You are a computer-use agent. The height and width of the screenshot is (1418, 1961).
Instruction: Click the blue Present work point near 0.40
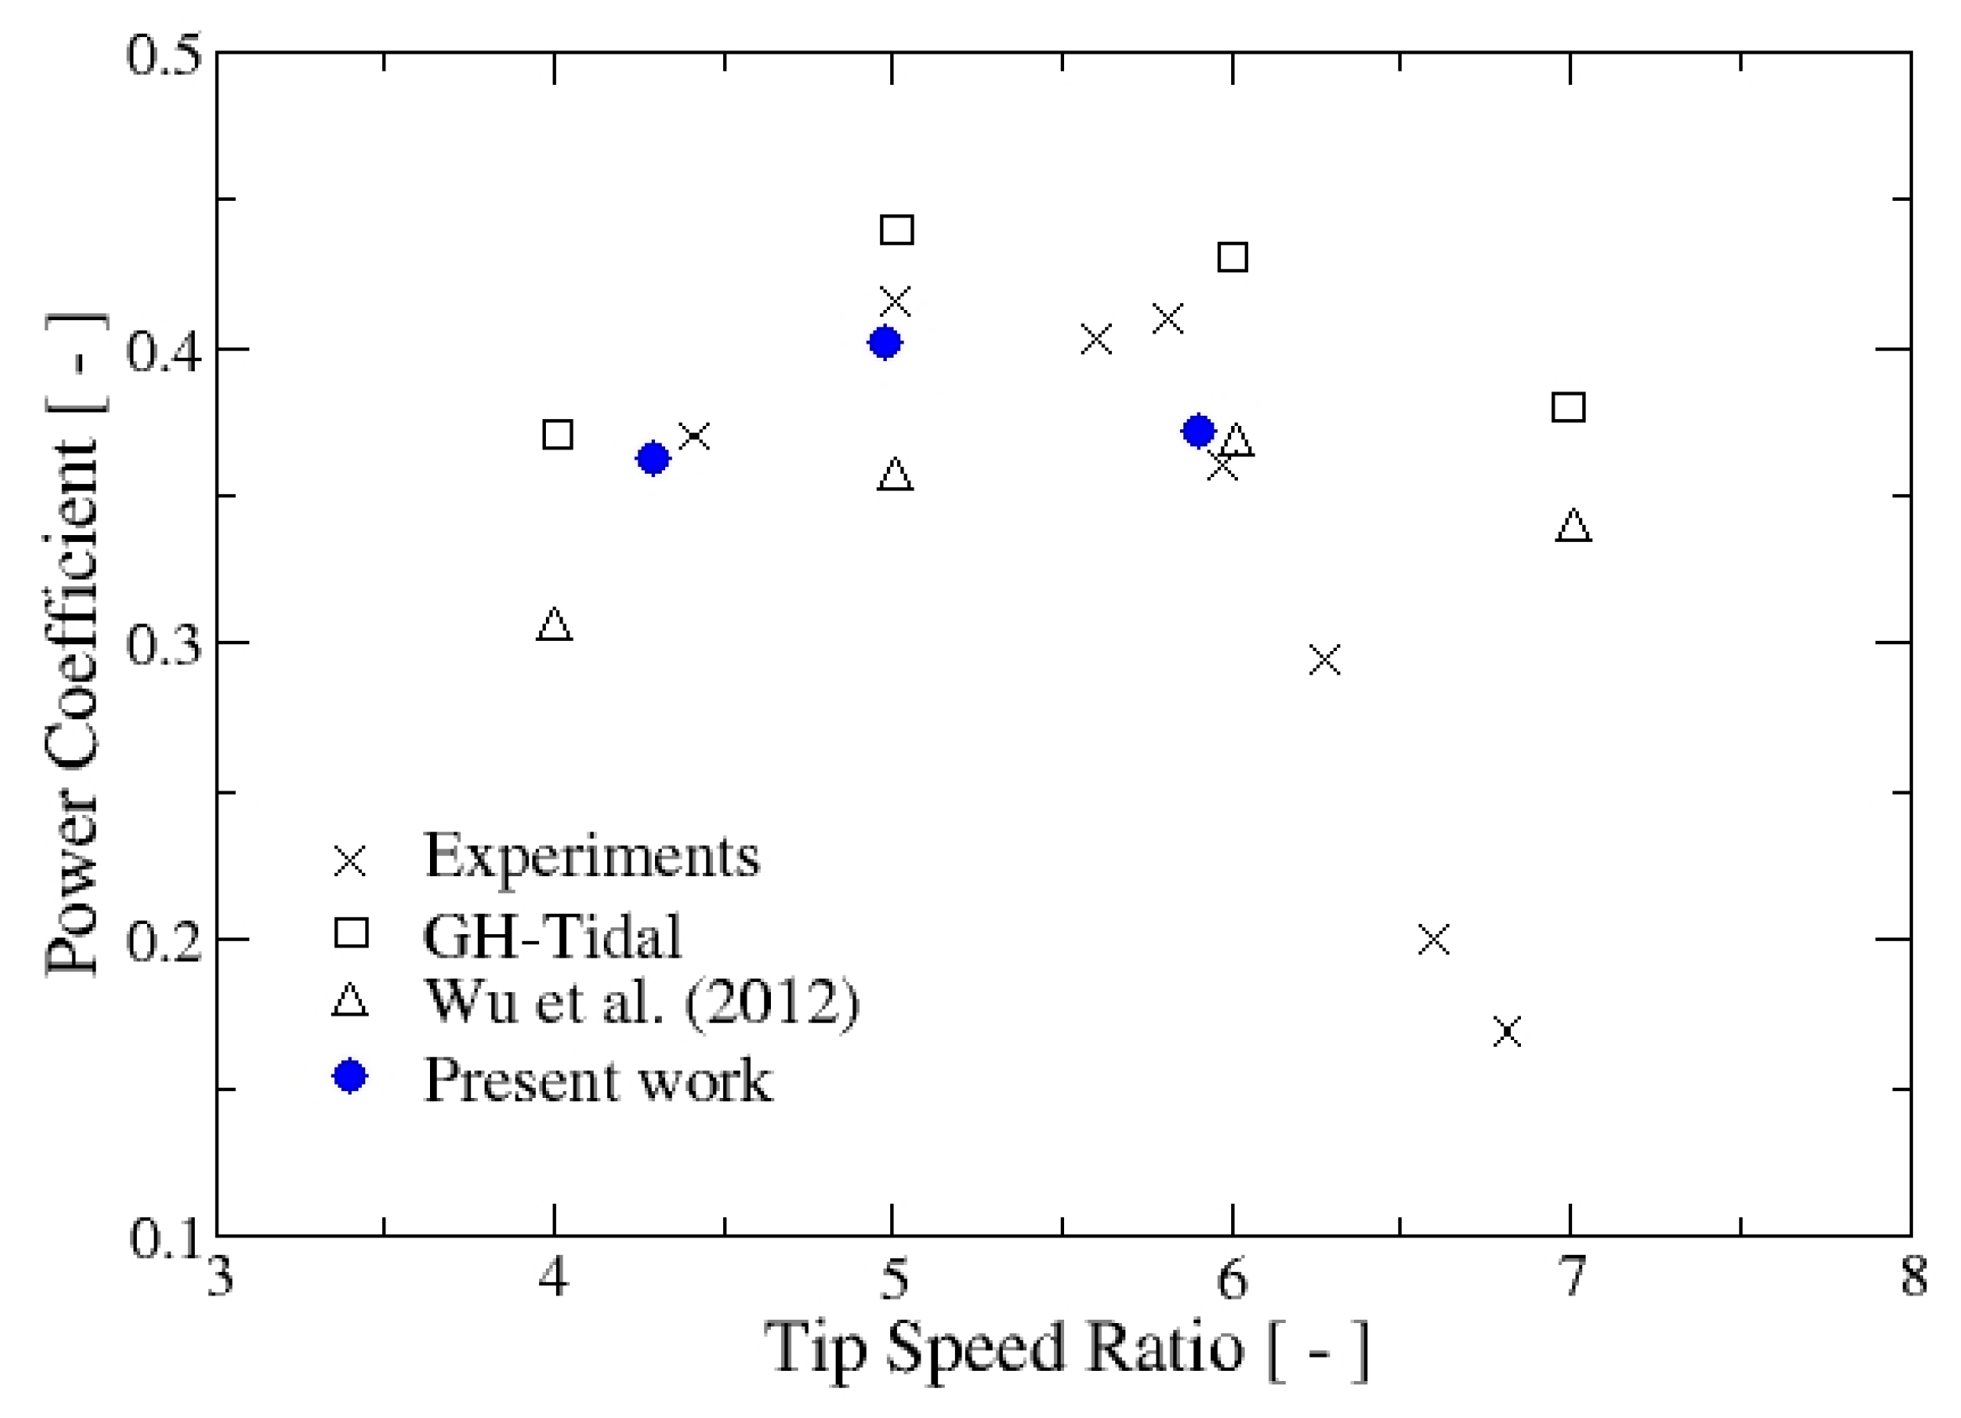[x=883, y=343]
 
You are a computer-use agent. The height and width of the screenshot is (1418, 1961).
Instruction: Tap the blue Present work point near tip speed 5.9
[x=1198, y=430]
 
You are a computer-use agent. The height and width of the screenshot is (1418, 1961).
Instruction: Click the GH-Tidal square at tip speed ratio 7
[x=1569, y=407]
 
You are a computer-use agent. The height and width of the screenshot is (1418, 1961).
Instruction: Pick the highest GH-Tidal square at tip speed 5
[x=897, y=230]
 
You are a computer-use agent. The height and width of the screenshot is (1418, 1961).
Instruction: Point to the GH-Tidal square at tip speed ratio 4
[x=558, y=434]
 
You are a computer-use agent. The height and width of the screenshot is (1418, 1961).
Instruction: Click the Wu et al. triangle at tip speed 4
[x=554, y=624]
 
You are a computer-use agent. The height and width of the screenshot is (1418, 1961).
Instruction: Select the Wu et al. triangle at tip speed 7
[x=1574, y=526]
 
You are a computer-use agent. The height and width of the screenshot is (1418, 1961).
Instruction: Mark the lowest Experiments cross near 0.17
[x=1507, y=1032]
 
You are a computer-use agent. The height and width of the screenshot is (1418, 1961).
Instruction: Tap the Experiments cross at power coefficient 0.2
[x=1434, y=939]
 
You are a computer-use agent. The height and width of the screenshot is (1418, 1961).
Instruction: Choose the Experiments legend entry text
[x=591, y=856]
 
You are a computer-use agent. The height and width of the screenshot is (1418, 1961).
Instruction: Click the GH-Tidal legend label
[x=553, y=935]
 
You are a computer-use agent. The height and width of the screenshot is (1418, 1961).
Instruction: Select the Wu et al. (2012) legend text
[x=642, y=1002]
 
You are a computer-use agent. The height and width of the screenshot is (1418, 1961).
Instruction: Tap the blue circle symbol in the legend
[x=350, y=1075]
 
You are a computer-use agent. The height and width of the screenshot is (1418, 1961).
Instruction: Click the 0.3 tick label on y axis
[x=163, y=643]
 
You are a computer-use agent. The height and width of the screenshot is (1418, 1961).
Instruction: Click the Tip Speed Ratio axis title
[x=1065, y=1348]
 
